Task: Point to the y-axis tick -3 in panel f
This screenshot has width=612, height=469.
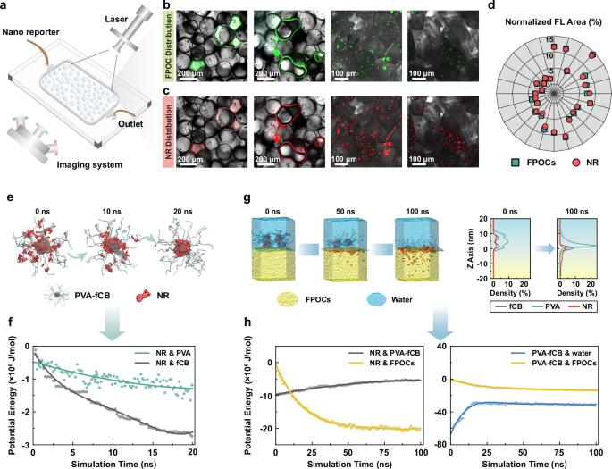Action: pyautogui.click(x=22, y=445)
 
